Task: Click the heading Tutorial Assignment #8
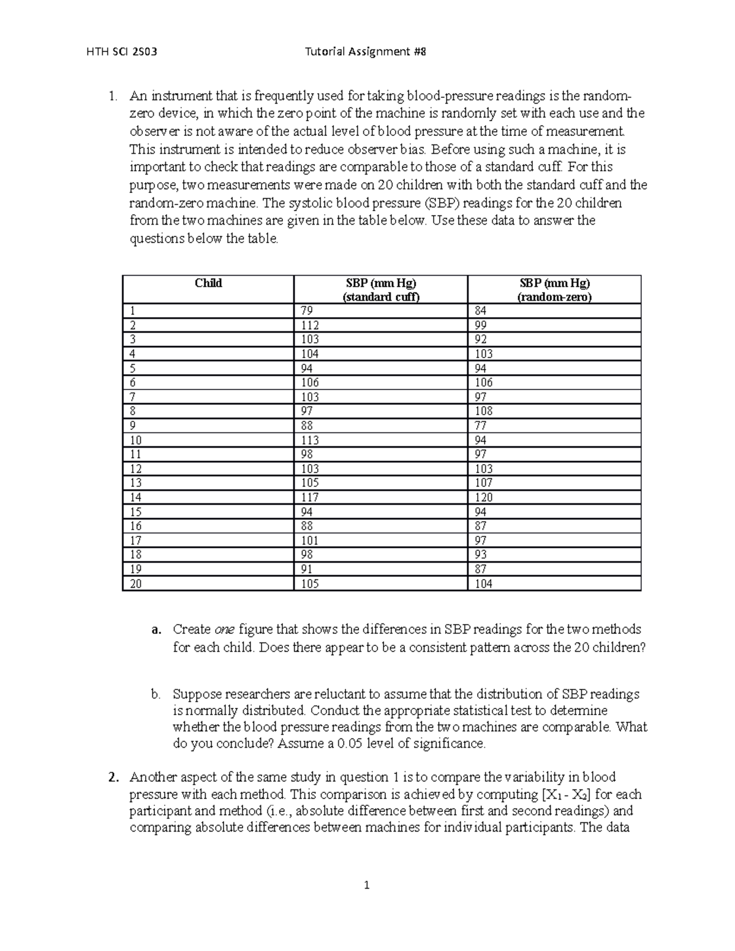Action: pyautogui.click(x=365, y=52)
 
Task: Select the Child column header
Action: pyautogui.click(x=208, y=283)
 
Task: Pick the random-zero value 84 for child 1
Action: pyautogui.click(x=481, y=310)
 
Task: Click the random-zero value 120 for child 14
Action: pyautogui.click(x=483, y=497)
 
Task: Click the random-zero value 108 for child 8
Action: pyautogui.click(x=483, y=411)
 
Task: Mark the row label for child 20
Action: pyautogui.click(x=135, y=584)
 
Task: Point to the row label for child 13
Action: pyautogui.click(x=135, y=483)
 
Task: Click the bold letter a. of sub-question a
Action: pyautogui.click(x=156, y=630)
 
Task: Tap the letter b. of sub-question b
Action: pyautogui.click(x=156, y=694)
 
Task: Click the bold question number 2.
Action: pyautogui.click(x=112, y=778)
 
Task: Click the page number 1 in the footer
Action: pyautogui.click(x=367, y=885)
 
